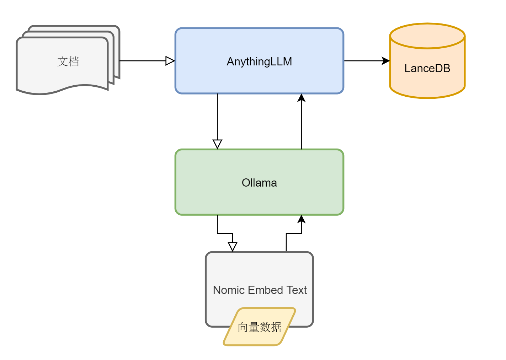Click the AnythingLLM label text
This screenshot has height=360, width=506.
pos(259,61)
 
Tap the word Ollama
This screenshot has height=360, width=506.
pos(259,183)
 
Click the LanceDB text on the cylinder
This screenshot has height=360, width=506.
pos(427,68)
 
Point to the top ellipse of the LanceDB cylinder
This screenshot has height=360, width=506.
pos(427,36)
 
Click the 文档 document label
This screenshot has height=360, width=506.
pos(68,61)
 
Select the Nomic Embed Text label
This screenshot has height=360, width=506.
pos(260,290)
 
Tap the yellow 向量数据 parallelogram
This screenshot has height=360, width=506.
pos(260,327)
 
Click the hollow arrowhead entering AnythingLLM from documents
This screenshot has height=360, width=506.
pos(170,61)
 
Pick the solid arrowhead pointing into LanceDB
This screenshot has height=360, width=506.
pos(385,61)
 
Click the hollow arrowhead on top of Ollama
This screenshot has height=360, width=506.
pos(217,144)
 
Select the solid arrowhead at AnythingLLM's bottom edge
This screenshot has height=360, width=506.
pos(301,98)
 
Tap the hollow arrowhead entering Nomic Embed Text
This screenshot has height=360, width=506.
pos(233,247)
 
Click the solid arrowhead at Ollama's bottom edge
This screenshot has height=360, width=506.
pos(301,219)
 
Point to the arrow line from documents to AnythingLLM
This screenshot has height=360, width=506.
pos(142,61)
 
